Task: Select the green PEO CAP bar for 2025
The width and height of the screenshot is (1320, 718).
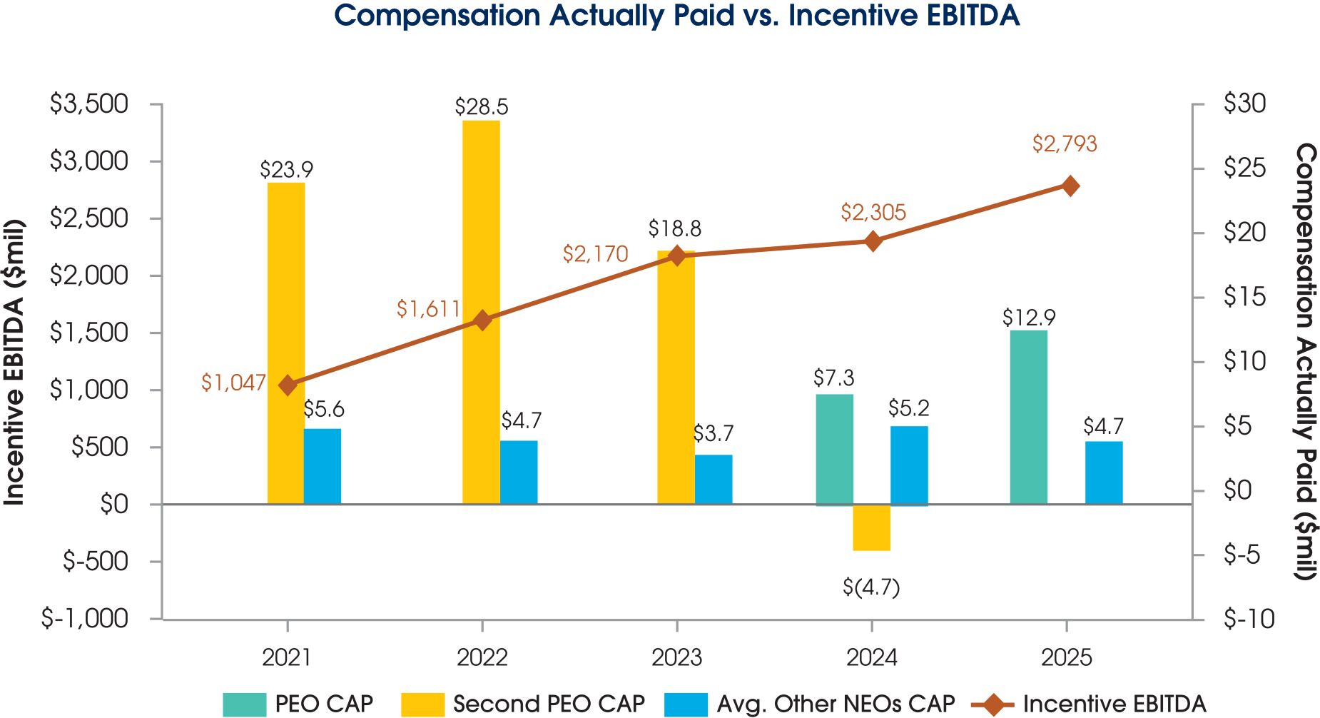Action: point(1029,417)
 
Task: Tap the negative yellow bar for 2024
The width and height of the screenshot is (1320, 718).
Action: point(871,527)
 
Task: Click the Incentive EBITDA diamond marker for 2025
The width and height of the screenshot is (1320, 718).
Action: point(1070,186)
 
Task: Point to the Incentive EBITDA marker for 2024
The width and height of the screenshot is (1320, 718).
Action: point(873,241)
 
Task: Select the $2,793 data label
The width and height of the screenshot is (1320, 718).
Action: point(1064,144)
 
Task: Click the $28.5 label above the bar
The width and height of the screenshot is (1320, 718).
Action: point(482,107)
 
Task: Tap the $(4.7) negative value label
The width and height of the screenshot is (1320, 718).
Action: point(871,587)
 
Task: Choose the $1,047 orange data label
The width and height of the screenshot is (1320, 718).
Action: point(233,383)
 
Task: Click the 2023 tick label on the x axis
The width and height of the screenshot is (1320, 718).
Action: point(676,657)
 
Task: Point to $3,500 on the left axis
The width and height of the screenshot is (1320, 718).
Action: point(89,104)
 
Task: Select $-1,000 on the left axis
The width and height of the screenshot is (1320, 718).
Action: point(85,619)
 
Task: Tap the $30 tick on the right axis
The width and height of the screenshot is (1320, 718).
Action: point(1244,104)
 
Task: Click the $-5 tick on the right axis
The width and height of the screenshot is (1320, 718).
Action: point(1242,555)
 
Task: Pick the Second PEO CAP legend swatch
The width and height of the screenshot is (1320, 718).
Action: point(422,704)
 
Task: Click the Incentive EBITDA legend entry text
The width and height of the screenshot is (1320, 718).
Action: point(1115,704)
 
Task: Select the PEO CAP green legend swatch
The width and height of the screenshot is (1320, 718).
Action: point(244,704)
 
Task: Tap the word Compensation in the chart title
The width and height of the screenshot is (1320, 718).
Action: point(437,16)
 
